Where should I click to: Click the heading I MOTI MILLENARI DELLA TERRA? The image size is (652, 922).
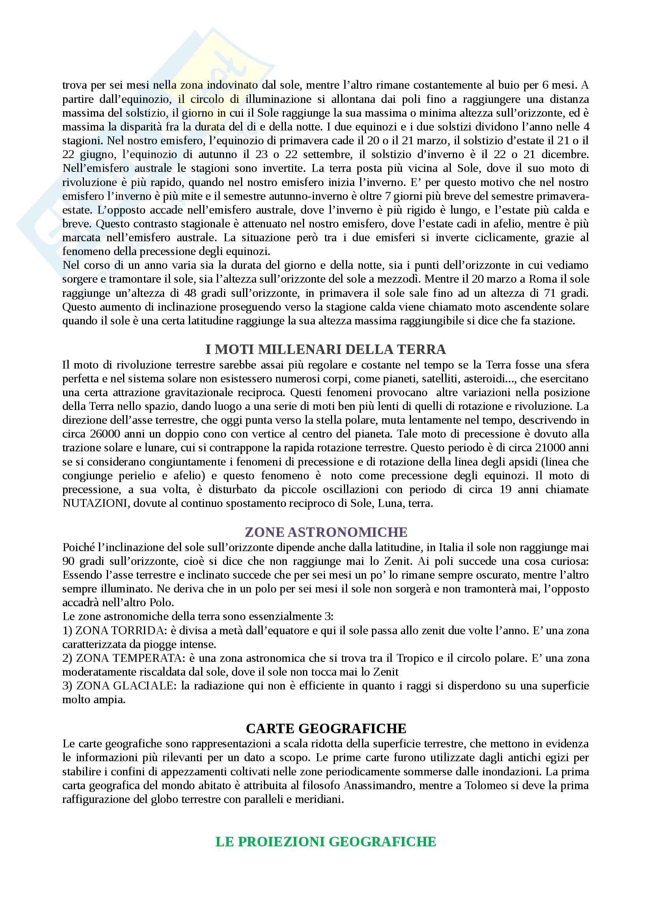click(325, 349)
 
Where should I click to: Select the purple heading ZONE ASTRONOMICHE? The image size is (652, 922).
click(326, 532)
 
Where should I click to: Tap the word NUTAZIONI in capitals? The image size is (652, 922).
click(94, 503)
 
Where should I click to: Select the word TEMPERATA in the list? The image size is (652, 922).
click(148, 658)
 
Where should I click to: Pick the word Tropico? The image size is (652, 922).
click(415, 658)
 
